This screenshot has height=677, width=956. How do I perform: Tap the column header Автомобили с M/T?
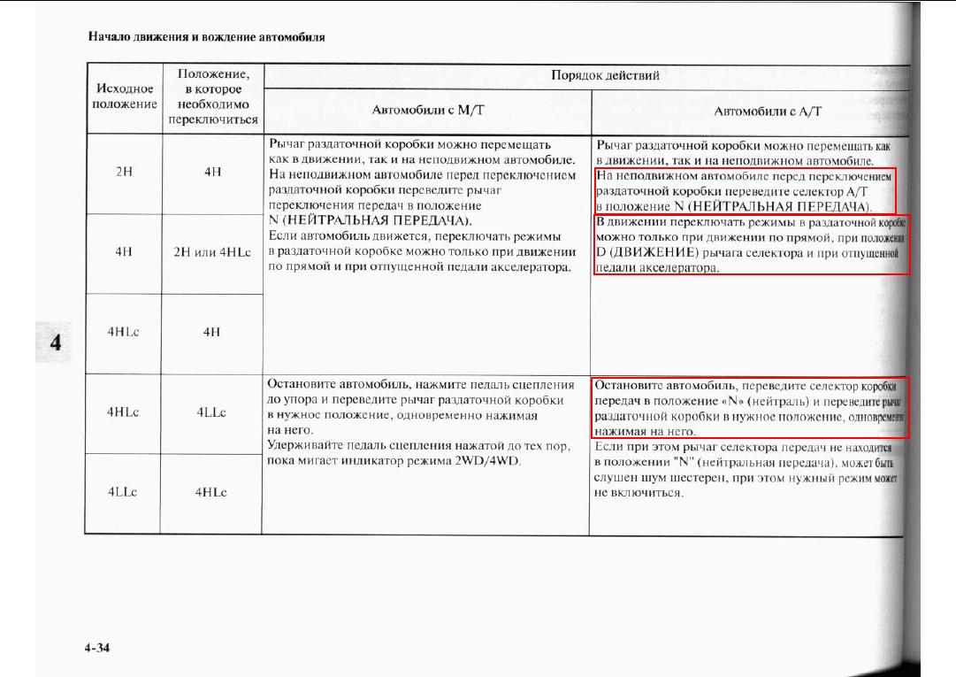[x=426, y=112]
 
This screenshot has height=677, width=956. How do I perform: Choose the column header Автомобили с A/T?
[x=768, y=112]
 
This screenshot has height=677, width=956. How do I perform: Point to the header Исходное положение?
[x=124, y=96]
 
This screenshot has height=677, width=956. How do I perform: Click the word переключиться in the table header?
[x=212, y=119]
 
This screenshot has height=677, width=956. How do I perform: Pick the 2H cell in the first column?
[x=124, y=173]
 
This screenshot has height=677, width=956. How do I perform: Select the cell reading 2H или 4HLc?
[x=212, y=250]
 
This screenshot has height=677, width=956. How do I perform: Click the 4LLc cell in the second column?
[x=212, y=412]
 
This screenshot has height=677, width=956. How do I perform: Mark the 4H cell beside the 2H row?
[x=212, y=173]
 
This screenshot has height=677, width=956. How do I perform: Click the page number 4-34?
[x=97, y=649]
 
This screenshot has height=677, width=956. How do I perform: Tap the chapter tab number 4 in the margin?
[x=55, y=342]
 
